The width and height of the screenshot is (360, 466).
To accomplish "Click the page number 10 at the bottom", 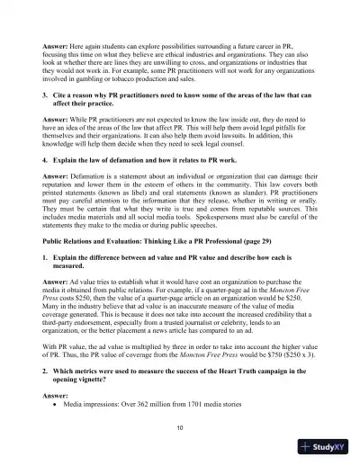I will pyautogui.click(x=180, y=426).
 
